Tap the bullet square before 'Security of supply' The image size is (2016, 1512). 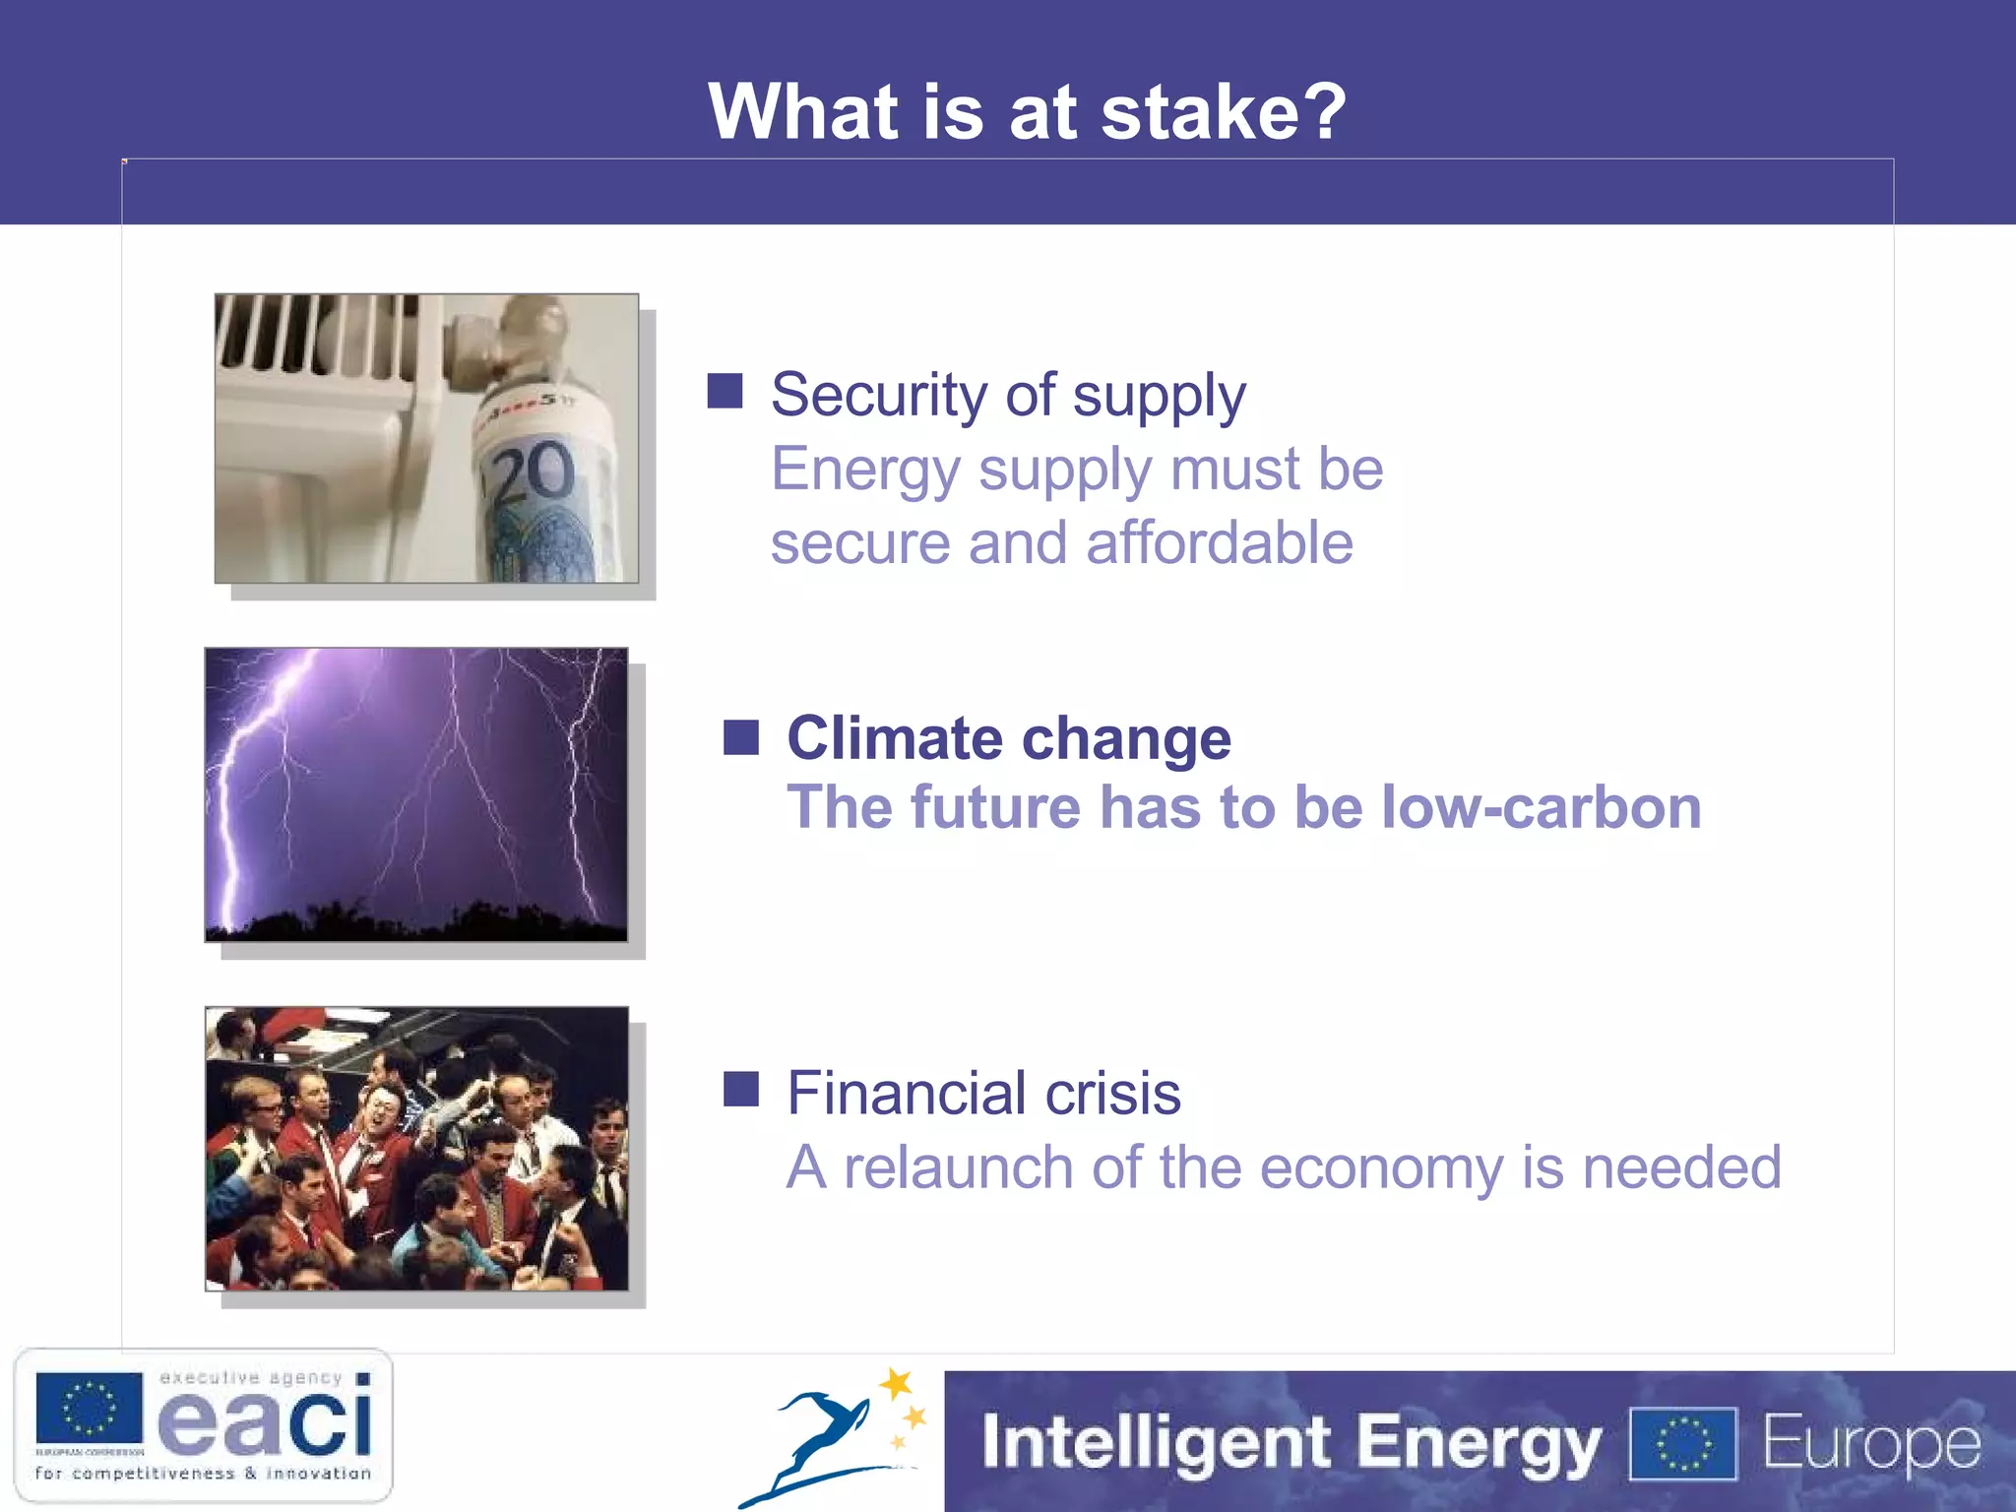point(725,391)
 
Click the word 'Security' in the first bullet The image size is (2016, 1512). point(878,395)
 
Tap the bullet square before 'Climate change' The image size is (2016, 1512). point(741,737)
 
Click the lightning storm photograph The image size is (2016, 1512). point(415,793)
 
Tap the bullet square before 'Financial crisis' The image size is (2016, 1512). point(741,1090)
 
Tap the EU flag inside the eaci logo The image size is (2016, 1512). point(89,1408)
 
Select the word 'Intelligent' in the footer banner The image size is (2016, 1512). point(1157,1442)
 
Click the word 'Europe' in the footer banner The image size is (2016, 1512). point(1870,1444)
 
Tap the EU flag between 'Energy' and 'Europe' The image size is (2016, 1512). point(1683,1444)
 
